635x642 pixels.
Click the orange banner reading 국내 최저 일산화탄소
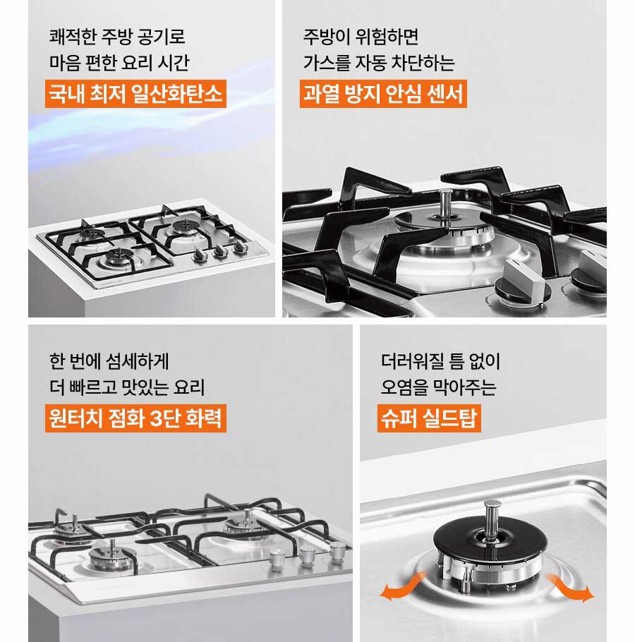(135, 94)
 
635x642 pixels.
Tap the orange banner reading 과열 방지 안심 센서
(383, 94)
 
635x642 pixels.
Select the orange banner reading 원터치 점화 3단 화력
(135, 418)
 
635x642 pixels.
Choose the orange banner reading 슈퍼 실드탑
(429, 418)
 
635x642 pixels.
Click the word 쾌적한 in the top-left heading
(73, 37)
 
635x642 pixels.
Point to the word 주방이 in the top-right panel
(325, 37)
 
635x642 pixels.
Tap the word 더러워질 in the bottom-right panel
(412, 361)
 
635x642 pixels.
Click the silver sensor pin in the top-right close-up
(445, 205)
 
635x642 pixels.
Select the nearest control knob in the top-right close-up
(522, 281)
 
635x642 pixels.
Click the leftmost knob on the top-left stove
(200, 255)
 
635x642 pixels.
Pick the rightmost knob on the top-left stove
(239, 246)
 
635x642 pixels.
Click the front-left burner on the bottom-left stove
(112, 557)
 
